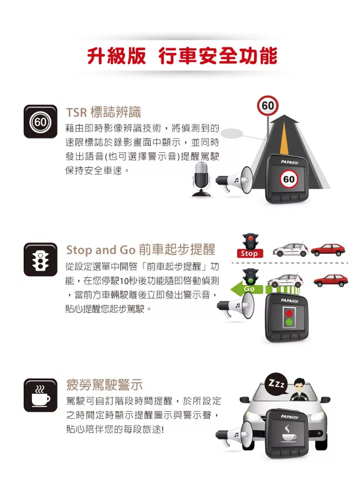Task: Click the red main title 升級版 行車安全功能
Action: (x=182, y=56)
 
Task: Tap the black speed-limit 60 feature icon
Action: (x=40, y=121)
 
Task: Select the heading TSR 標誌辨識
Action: (x=104, y=112)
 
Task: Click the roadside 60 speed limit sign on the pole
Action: (x=268, y=106)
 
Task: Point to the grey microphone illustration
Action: (x=201, y=179)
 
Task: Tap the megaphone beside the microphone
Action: (x=234, y=181)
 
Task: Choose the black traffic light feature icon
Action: (x=40, y=259)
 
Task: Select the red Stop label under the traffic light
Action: (x=249, y=253)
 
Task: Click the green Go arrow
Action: (x=247, y=289)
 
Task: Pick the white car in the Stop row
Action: (x=290, y=249)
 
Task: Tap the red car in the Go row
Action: (x=331, y=280)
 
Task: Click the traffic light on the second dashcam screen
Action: (x=289, y=317)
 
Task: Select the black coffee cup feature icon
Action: (x=40, y=395)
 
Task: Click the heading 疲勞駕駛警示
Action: (x=104, y=385)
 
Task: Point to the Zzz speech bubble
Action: (x=277, y=383)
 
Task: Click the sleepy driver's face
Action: (x=300, y=386)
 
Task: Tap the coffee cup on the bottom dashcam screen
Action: (x=289, y=434)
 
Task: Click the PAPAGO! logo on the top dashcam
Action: (x=290, y=162)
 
